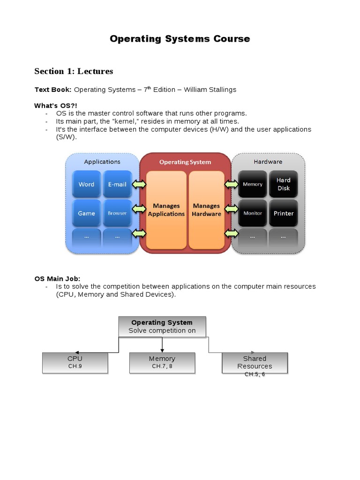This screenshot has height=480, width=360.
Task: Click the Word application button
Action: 86,184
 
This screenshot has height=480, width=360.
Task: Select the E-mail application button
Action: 117,184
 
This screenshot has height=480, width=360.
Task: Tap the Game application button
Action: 86,213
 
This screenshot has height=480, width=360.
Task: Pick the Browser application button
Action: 117,213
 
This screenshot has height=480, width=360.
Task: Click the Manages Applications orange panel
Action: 166,210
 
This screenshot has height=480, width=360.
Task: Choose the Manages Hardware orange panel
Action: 206,210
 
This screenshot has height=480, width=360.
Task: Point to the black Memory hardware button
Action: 253,184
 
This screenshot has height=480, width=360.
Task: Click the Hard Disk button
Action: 283,184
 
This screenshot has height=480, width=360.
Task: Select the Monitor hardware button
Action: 253,213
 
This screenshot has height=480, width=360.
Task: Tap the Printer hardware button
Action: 283,213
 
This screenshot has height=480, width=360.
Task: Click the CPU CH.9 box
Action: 75,362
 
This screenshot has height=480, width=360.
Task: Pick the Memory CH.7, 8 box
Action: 162,362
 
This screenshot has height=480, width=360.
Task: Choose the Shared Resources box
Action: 255,363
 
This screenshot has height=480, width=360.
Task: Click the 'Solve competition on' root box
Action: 162,326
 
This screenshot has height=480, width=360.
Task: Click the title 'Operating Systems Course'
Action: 180,39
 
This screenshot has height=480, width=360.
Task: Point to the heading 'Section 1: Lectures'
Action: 74,71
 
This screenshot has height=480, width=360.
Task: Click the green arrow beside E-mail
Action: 139,184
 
